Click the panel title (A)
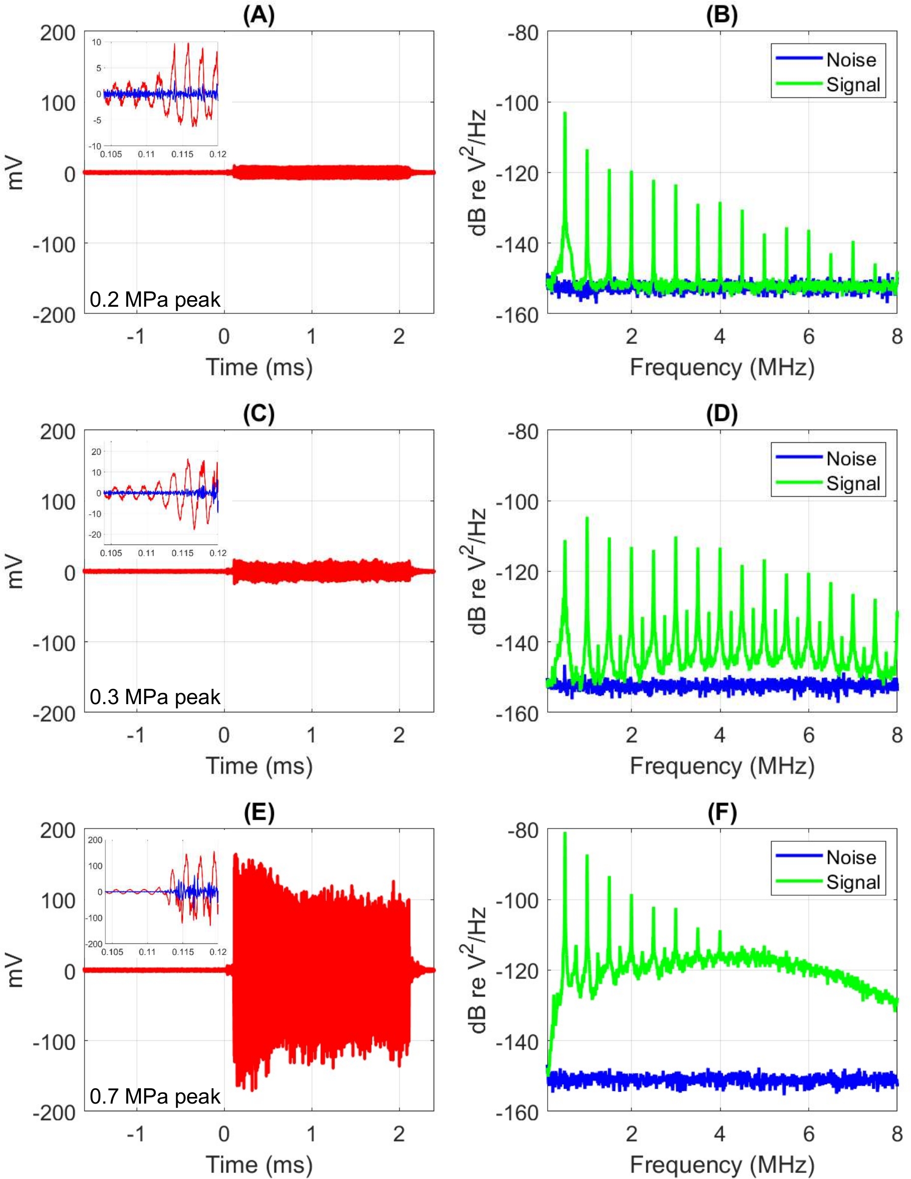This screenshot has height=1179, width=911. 259,16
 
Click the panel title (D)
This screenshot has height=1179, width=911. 722,414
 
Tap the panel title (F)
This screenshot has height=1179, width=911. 722,813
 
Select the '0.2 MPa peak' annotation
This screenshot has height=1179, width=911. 155,299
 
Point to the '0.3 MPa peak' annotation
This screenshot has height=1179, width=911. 155,697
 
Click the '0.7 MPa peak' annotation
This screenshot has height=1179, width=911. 155,1095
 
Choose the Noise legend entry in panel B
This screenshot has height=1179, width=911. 850,60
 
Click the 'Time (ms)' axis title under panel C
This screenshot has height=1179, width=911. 259,765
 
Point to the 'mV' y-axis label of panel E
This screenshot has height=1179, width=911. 16,970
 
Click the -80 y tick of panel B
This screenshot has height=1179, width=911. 523,33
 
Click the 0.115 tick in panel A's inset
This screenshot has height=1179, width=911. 182,154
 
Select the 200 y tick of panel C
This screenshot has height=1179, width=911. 57,432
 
